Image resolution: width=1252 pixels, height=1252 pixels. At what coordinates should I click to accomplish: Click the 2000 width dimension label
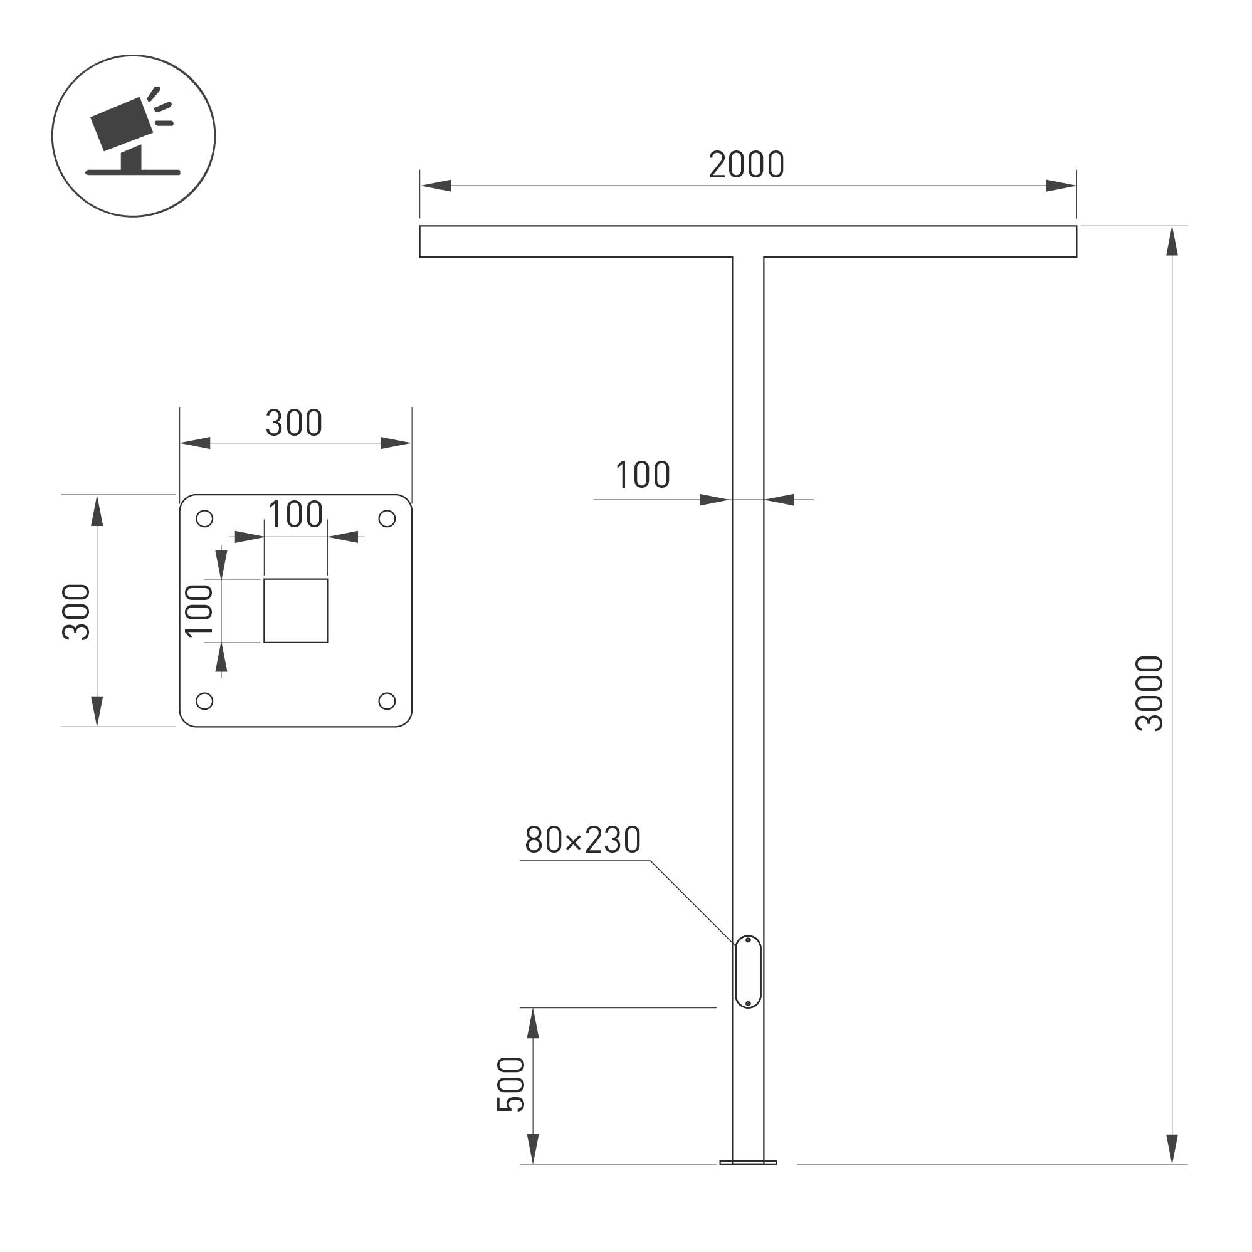pyautogui.click(x=746, y=166)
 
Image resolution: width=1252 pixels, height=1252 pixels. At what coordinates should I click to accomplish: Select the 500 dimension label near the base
pyautogui.click(x=511, y=1085)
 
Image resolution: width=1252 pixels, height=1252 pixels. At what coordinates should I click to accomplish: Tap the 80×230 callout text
pyautogui.click(x=582, y=840)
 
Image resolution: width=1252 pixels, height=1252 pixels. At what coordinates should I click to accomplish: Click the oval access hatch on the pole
pyautogui.click(x=748, y=972)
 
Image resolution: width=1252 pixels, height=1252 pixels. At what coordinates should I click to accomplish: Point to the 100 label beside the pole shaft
pyautogui.click(x=642, y=475)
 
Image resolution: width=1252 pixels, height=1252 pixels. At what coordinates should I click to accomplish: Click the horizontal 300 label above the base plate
pyautogui.click(x=293, y=423)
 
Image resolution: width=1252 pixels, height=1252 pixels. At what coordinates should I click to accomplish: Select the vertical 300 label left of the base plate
pyautogui.click(x=76, y=613)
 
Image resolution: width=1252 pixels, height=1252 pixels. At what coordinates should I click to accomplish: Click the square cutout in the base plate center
pyautogui.click(x=295, y=611)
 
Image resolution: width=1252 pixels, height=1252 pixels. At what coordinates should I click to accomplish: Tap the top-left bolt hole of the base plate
pyautogui.click(x=204, y=519)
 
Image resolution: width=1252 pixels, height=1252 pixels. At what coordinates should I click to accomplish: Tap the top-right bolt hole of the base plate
pyautogui.click(x=387, y=519)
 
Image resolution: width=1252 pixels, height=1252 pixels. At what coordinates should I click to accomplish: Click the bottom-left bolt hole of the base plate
pyautogui.click(x=204, y=701)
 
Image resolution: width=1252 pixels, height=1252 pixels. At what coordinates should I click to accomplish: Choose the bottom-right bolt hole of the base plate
pyautogui.click(x=387, y=701)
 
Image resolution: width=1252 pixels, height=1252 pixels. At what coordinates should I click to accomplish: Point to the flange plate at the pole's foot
pyautogui.click(x=748, y=1162)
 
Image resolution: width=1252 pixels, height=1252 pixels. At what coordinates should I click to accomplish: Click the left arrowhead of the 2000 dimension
pyautogui.click(x=436, y=186)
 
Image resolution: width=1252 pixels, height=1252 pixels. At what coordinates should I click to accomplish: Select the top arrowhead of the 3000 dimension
pyautogui.click(x=1172, y=241)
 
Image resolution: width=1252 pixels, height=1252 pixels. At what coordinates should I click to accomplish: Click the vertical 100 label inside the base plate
pyautogui.click(x=199, y=611)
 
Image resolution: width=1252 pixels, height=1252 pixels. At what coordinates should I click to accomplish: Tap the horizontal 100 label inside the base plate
pyautogui.click(x=295, y=515)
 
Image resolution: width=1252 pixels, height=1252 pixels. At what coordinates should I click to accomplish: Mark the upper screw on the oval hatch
pyautogui.click(x=749, y=940)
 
